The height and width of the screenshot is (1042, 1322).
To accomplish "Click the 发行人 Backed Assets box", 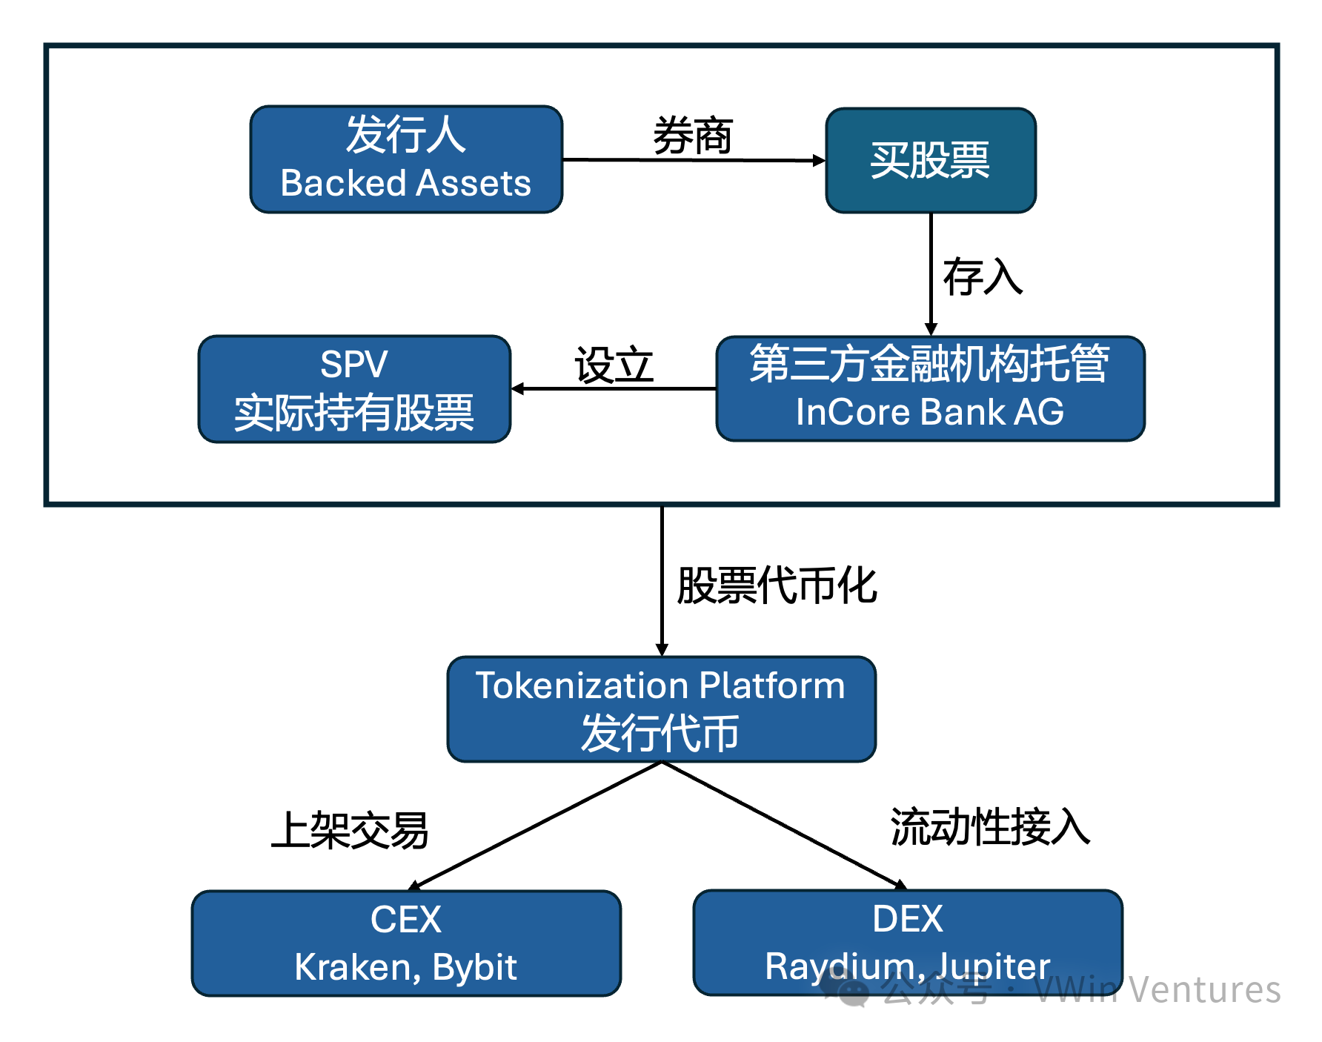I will pyautogui.click(x=406, y=159).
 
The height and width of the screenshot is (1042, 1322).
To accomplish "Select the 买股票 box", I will pyautogui.click(x=931, y=160).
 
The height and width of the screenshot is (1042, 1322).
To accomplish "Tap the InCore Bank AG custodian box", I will pyautogui.click(x=930, y=388).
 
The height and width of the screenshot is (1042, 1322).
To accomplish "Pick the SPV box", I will pyautogui.click(x=354, y=389).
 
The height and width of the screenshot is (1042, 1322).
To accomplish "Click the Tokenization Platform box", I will pyautogui.click(x=661, y=709).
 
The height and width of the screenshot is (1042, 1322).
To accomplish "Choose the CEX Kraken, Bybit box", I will pyautogui.click(x=406, y=943).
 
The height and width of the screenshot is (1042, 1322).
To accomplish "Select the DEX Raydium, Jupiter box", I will pyautogui.click(x=908, y=942).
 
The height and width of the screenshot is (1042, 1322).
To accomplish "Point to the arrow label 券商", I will pyautogui.click(x=693, y=136).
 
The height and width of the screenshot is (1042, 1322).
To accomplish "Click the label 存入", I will pyautogui.click(x=983, y=277).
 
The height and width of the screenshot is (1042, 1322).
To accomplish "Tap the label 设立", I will pyautogui.click(x=614, y=365).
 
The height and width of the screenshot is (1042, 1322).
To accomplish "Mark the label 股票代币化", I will pyautogui.click(x=777, y=585).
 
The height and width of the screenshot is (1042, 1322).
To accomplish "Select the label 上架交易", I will pyautogui.click(x=351, y=830).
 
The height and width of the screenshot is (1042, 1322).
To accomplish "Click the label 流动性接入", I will pyautogui.click(x=990, y=827).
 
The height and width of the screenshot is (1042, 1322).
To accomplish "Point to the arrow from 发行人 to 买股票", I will pyautogui.click(x=693, y=160).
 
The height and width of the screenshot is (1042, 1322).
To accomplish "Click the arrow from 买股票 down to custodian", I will pyautogui.click(x=931, y=274).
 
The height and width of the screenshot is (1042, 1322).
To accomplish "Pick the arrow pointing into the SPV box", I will pyautogui.click(x=614, y=388).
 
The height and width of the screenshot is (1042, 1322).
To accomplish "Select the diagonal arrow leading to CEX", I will pyautogui.click(x=534, y=826).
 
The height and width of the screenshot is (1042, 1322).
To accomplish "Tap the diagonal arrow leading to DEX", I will pyautogui.click(x=784, y=826).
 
